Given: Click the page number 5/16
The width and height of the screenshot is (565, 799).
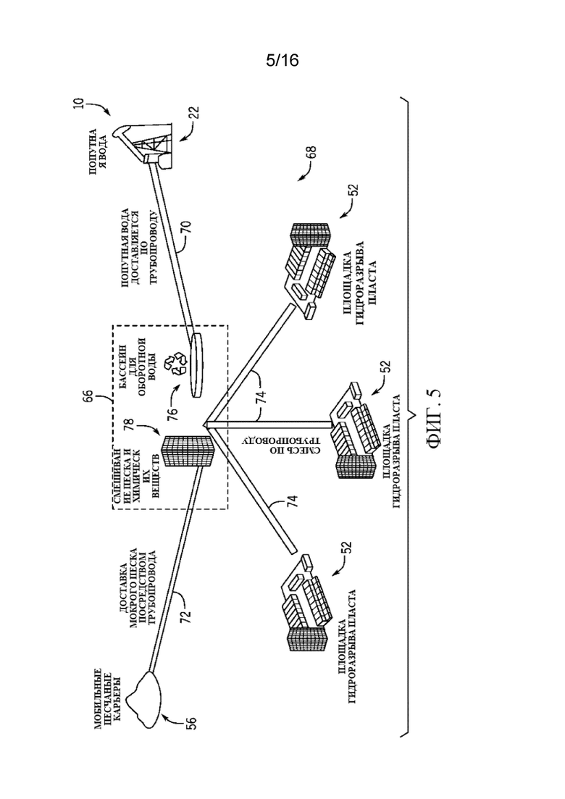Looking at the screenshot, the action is point(282,61).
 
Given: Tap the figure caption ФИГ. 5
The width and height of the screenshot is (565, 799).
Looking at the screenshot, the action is point(435,418).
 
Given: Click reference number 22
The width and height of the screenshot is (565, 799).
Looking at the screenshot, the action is point(194,112).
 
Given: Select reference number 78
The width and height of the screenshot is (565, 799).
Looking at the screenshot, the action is point(129,424).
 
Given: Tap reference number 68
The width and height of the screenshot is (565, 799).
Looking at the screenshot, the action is point(311,152).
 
